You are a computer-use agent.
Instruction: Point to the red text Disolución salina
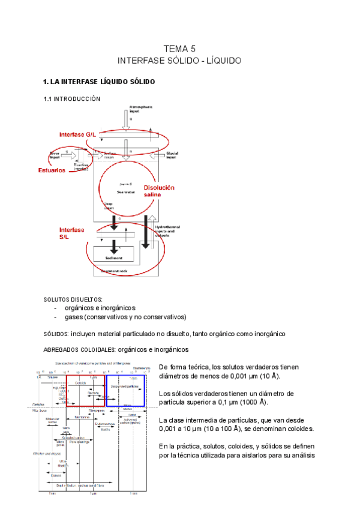(x=158, y=191)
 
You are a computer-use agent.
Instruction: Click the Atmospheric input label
(x=143, y=109)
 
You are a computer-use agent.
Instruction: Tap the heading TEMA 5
(x=179, y=49)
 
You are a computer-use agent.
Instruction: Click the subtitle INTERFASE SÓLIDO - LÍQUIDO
(x=179, y=61)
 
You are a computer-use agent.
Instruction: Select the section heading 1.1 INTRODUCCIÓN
(x=72, y=99)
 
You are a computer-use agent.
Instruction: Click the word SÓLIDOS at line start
(x=57, y=334)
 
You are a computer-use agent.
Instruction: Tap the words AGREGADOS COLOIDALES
(x=79, y=349)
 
